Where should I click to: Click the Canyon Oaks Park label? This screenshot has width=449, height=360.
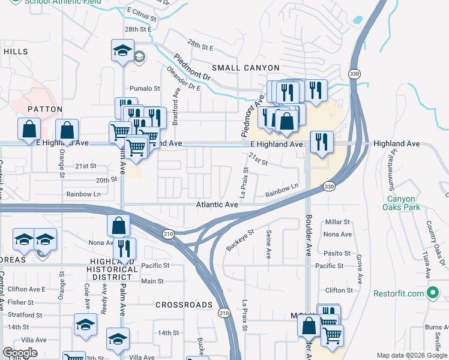(x=402, y=203)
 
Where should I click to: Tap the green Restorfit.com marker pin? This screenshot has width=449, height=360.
(x=432, y=293)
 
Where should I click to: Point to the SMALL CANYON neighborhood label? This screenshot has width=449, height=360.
(x=245, y=68)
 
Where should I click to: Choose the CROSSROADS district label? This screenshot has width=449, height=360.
(x=184, y=305)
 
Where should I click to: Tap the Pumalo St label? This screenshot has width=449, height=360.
(x=145, y=88)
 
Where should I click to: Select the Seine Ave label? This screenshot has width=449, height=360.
(x=268, y=245)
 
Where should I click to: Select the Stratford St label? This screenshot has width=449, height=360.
(x=25, y=314)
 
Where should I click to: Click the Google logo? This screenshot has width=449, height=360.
(x=20, y=353)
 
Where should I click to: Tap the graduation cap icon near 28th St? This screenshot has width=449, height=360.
(x=122, y=51)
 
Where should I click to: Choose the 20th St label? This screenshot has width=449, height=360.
(x=106, y=179)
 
